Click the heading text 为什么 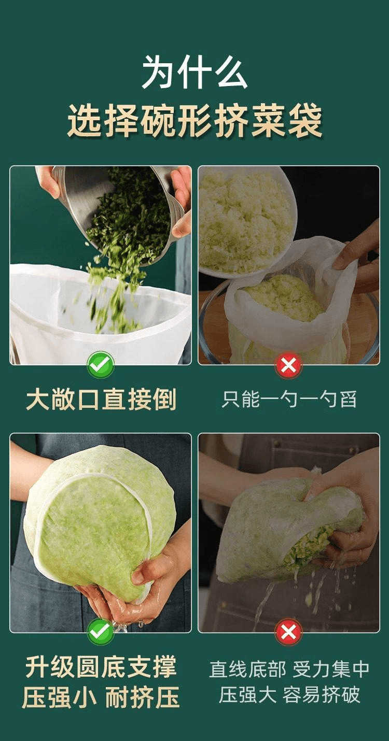pos(195,73)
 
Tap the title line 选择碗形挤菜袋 pos(195,120)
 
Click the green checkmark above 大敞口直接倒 pos(101,365)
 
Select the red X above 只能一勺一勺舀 pos(288,365)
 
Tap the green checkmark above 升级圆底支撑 pos(101,632)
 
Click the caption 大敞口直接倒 pos(101,400)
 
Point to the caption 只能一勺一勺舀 pos(289,400)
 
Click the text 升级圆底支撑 pos(101,667)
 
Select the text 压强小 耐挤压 pos(101,697)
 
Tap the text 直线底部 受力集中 pos(289,668)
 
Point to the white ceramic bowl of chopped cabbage pos(244,223)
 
